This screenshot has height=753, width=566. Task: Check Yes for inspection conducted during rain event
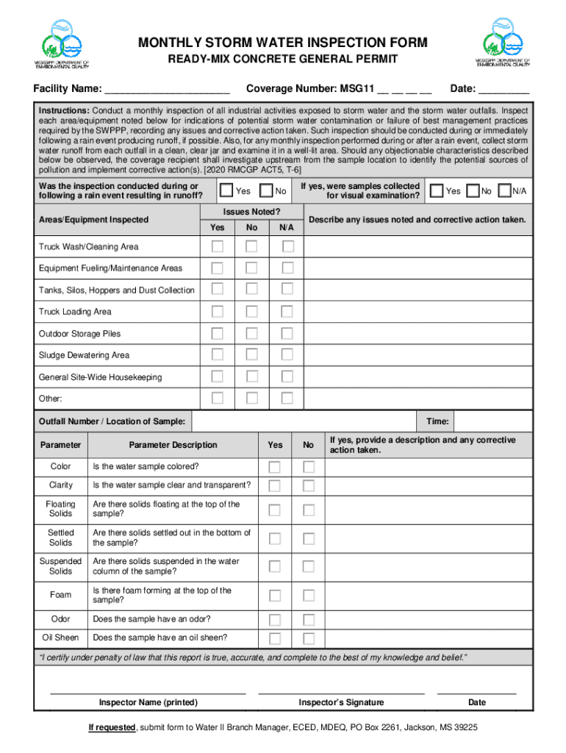coord(227,191)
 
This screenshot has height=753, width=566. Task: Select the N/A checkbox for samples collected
coord(504,191)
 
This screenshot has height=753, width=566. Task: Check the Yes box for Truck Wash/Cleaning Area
coord(218,246)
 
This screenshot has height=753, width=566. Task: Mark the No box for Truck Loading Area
coord(252,312)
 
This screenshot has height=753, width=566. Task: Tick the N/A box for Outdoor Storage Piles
coord(287,333)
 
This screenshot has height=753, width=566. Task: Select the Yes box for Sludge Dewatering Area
coord(218,355)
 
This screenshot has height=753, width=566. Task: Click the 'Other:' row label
coord(51,399)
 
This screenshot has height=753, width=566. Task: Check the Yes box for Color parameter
coord(274,467)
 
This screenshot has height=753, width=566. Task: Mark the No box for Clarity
coord(309,485)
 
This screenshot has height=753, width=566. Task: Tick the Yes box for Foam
coord(274,595)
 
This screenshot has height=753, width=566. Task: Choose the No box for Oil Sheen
coord(309,638)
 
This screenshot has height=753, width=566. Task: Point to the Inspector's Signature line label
coord(341,702)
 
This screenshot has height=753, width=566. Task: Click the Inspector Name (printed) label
coord(148,702)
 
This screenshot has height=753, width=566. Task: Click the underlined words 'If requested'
coord(112,727)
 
